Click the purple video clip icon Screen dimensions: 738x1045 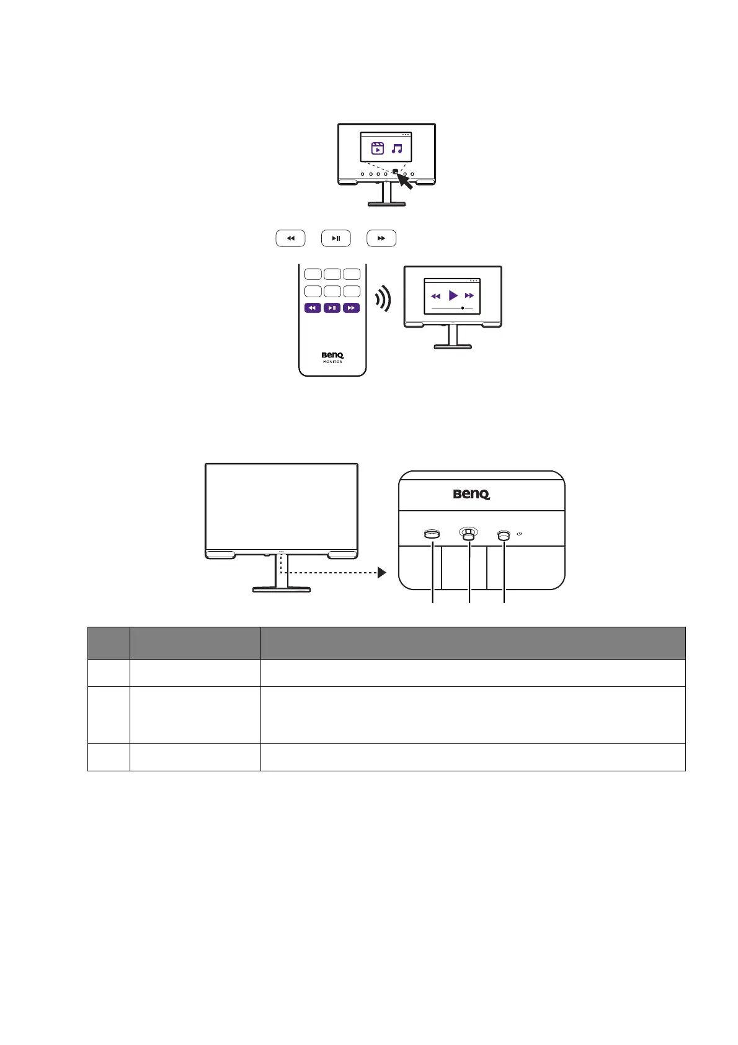(x=377, y=148)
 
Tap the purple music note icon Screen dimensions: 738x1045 (x=398, y=148)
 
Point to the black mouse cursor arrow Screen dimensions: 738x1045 (x=404, y=181)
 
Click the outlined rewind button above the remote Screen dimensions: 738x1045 (x=290, y=238)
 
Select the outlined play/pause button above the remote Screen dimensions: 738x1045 (x=336, y=238)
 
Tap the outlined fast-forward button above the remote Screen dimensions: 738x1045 (x=381, y=238)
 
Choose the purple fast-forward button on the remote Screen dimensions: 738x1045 (x=352, y=308)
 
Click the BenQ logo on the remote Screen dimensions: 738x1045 (x=332, y=355)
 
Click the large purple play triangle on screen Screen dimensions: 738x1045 (x=453, y=295)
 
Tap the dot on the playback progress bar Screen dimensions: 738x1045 (x=463, y=308)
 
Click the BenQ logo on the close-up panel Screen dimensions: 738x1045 (x=471, y=495)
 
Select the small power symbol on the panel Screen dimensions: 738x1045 (x=519, y=534)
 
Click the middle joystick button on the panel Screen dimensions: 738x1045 (x=468, y=534)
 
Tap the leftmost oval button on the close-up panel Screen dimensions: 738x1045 (x=432, y=534)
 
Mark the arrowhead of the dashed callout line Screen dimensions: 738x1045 (x=381, y=573)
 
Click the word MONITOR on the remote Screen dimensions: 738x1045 (x=332, y=362)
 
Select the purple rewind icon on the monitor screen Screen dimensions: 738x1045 (x=436, y=296)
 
